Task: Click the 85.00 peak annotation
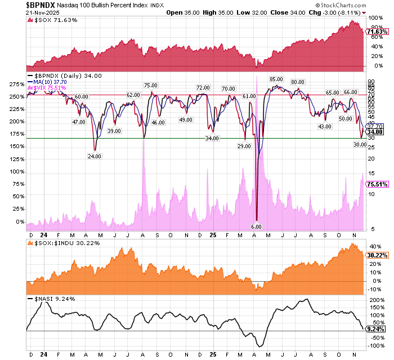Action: tap(276, 79)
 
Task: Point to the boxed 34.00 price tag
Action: tap(375, 132)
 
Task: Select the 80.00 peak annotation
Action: tap(298, 82)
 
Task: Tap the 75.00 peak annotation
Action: tap(150, 85)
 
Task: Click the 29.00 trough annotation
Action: tap(244, 146)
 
